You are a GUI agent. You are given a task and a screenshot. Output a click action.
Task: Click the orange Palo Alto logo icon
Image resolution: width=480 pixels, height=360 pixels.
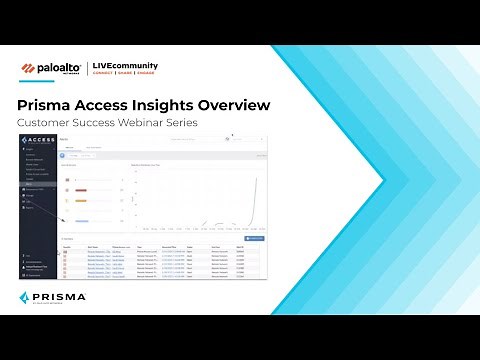(29, 69)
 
